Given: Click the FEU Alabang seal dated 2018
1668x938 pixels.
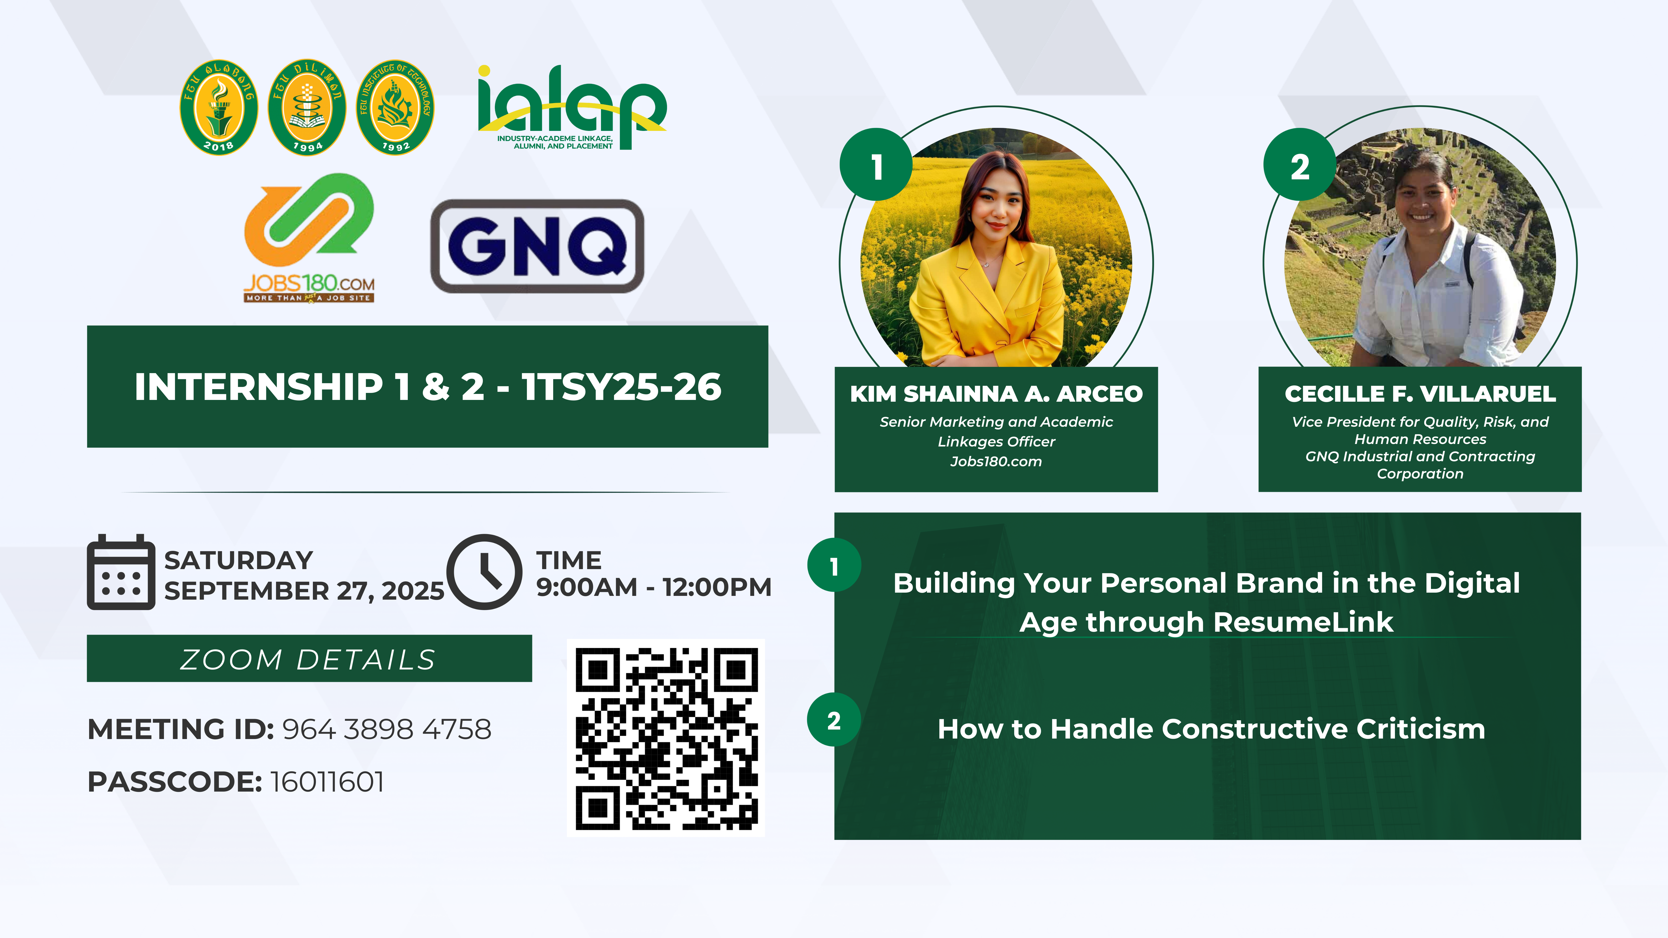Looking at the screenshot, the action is click(219, 107).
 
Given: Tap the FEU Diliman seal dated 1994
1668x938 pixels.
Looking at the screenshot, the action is click(307, 107).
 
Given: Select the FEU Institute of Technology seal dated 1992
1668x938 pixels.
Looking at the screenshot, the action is click(395, 107).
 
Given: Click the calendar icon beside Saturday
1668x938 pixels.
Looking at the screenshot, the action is click(121, 572).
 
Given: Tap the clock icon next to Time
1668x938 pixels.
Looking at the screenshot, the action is click(484, 572).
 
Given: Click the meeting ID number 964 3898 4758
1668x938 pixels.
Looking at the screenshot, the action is click(386, 730).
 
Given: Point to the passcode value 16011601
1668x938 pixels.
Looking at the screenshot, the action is click(327, 782).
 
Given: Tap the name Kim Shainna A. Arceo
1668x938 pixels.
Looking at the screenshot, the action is click(996, 394).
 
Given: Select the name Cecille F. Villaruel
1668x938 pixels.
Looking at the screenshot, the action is click(1420, 394).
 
